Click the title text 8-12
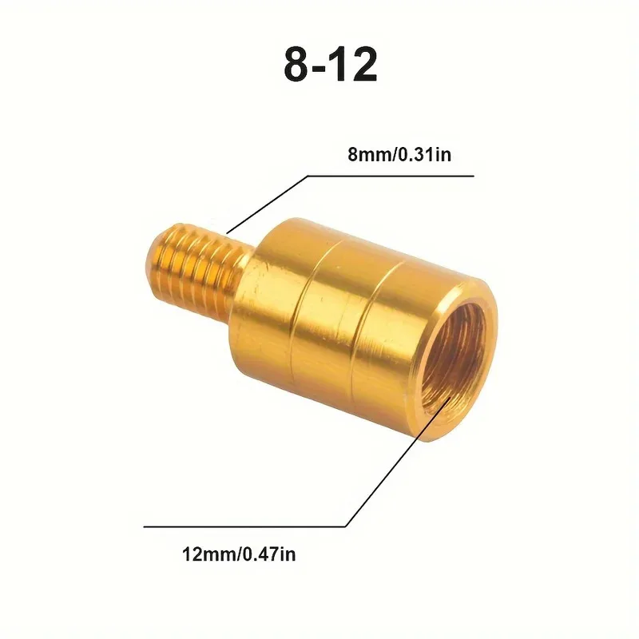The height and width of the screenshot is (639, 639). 330,66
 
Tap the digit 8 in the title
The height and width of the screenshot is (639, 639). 297,66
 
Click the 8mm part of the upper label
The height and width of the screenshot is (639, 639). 368,155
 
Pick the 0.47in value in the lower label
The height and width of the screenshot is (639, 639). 268,554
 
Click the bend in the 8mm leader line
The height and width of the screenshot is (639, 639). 307,176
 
